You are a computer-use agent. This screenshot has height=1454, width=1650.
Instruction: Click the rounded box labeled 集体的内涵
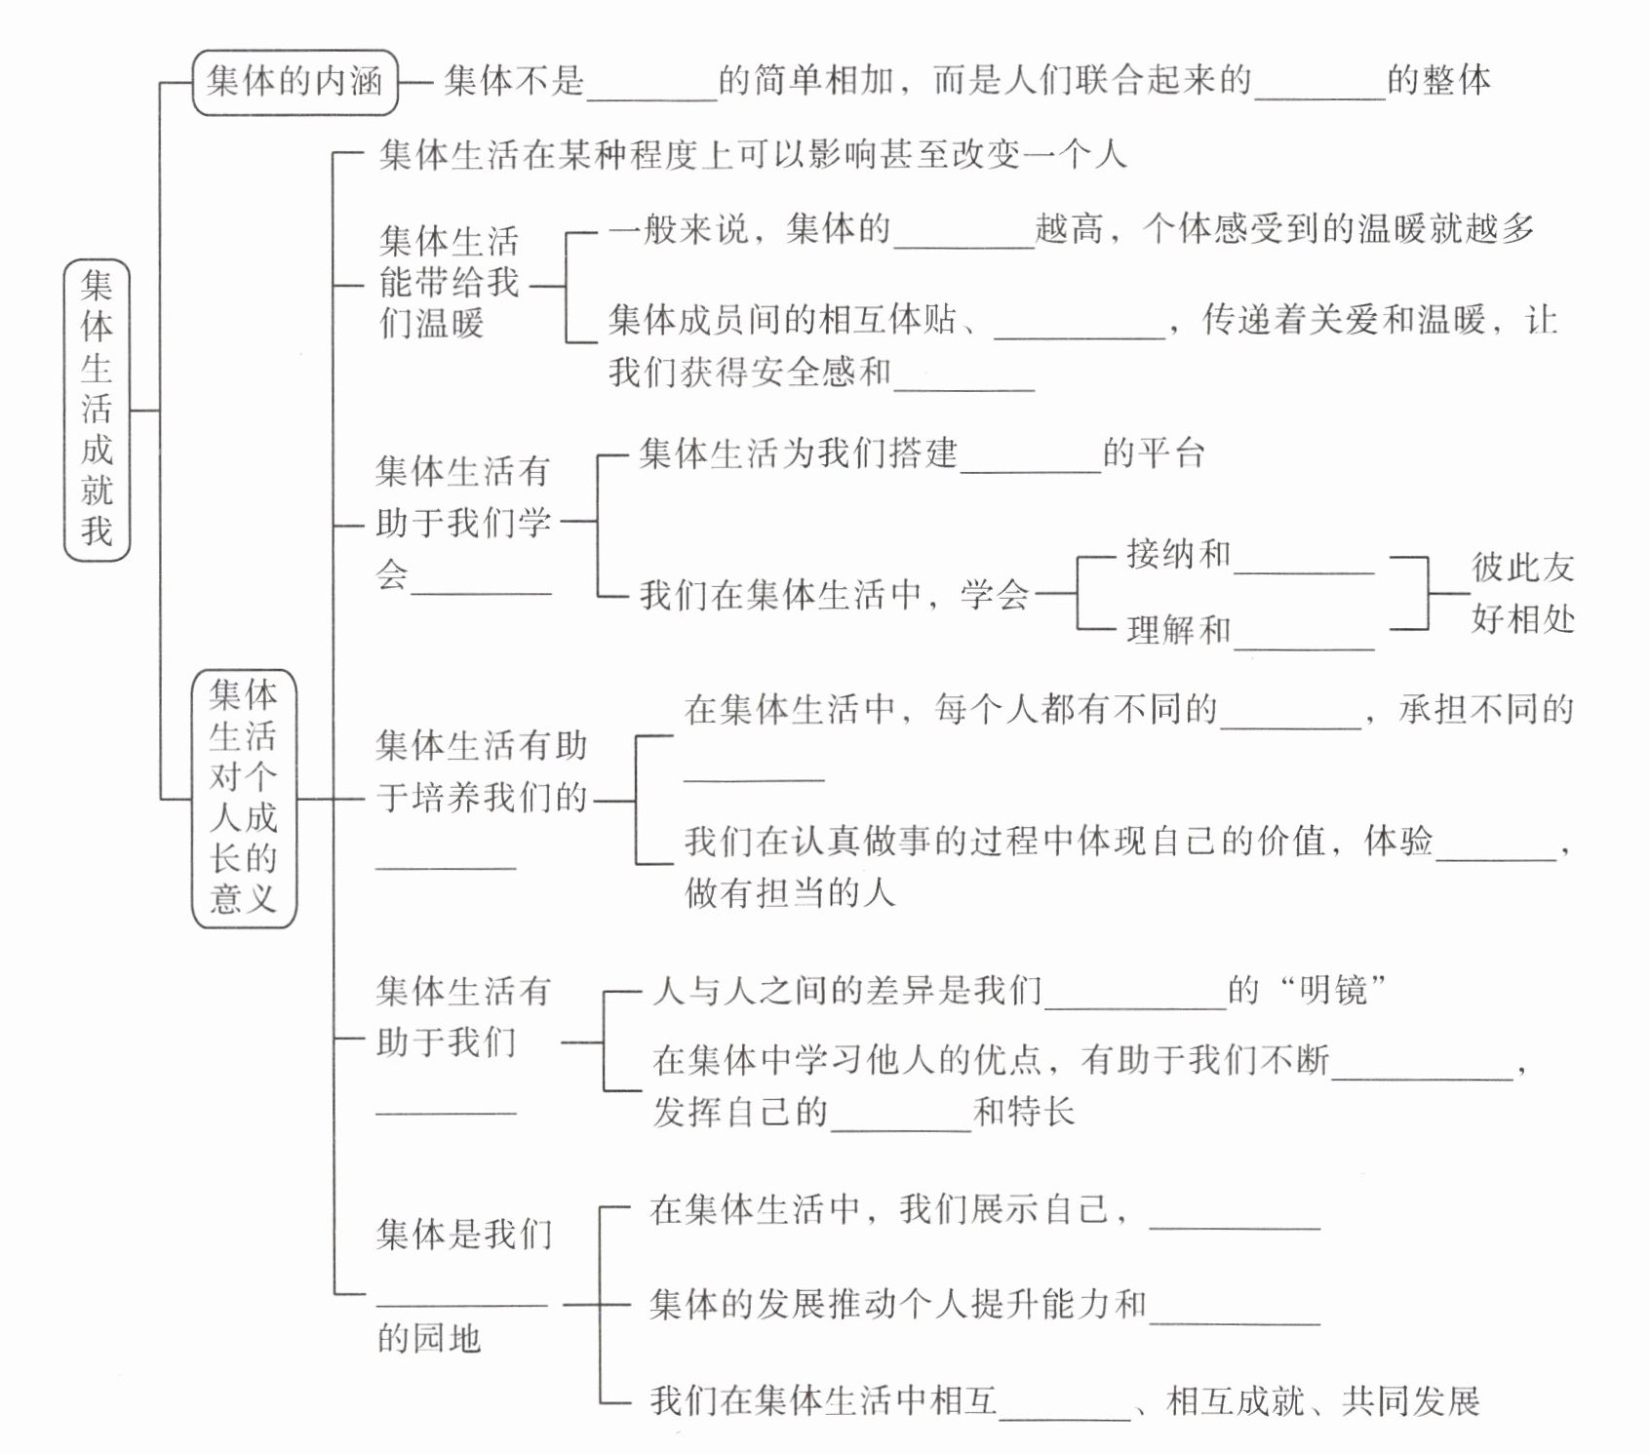click(x=295, y=82)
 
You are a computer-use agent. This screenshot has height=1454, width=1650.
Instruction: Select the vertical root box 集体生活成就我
click(x=97, y=410)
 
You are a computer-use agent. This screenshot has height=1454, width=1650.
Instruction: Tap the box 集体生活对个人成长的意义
click(x=244, y=797)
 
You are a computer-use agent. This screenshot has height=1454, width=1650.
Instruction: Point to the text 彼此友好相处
click(x=1522, y=592)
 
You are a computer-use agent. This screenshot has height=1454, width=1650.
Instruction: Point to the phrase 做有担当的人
click(x=790, y=891)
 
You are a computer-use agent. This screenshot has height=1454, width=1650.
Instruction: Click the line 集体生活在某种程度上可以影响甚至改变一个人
click(x=752, y=154)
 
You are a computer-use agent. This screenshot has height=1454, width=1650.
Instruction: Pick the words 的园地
click(x=429, y=1338)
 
